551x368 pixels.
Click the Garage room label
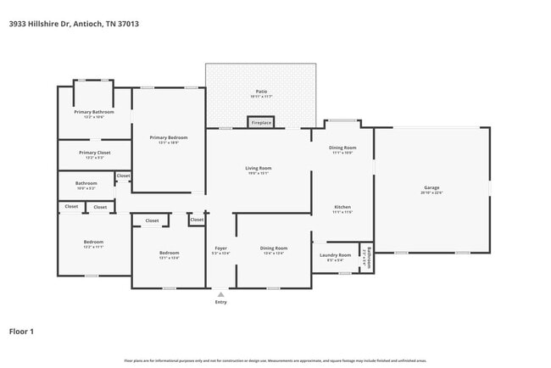(x=431, y=187)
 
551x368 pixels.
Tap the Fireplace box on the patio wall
(x=260, y=123)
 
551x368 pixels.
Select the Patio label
(x=261, y=92)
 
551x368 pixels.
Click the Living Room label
(x=259, y=168)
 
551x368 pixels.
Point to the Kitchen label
(x=342, y=207)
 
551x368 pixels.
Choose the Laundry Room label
(x=335, y=254)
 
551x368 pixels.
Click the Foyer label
(x=220, y=248)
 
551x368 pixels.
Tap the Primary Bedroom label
(x=168, y=137)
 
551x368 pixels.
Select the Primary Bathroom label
(x=94, y=111)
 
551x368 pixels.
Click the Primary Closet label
(x=94, y=153)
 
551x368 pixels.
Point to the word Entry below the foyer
(x=220, y=302)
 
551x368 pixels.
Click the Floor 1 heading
(x=21, y=331)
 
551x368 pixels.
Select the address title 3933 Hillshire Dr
(x=74, y=24)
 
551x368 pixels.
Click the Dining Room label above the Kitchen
(x=342, y=148)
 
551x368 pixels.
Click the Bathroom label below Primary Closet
(x=86, y=182)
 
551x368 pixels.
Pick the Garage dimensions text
(x=431, y=192)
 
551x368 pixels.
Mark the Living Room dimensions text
(x=259, y=173)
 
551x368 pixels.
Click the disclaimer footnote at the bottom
(x=275, y=361)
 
